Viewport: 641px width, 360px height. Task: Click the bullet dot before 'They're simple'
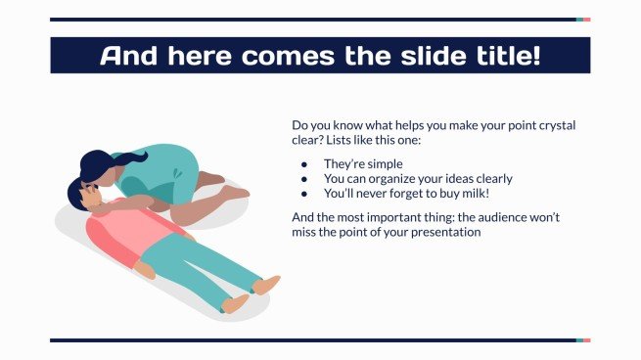pos(304,164)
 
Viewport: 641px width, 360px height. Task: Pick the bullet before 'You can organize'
pos(304,179)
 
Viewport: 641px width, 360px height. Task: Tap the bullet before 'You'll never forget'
pos(304,194)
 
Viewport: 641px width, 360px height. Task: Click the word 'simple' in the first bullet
pos(384,164)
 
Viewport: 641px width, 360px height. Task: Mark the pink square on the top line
pos(586,19)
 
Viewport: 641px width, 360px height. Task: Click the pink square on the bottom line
pos(586,340)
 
